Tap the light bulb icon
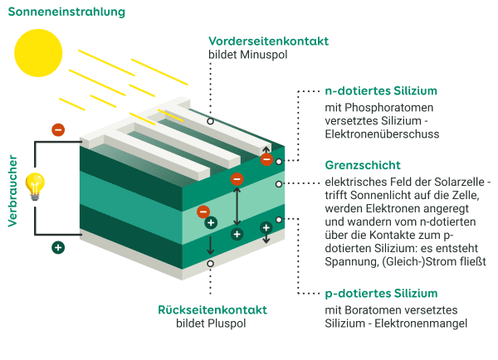coord(34,186)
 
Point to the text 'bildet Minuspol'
coord(247,56)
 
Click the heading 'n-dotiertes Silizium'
coord(380,90)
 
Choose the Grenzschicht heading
coord(363,165)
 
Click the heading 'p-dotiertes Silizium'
coord(381,294)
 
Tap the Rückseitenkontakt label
coord(212,309)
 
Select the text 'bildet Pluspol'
coord(212,324)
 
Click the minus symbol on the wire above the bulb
coord(57,129)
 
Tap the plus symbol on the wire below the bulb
coord(57,246)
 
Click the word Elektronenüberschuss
coord(381,133)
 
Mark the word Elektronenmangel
coord(421,324)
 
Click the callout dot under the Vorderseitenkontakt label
coord(211,120)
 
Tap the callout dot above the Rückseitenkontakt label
coord(211,264)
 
